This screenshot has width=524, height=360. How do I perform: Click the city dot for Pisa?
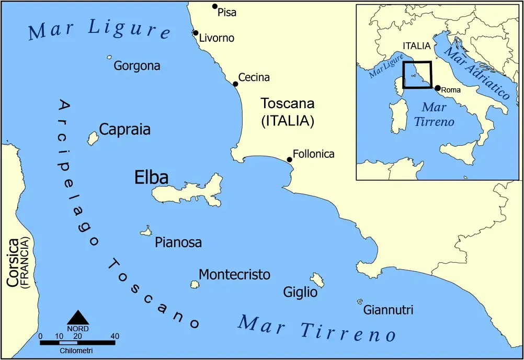[214, 6]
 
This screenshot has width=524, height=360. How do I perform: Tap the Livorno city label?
[217, 38]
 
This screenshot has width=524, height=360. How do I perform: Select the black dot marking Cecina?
[235, 83]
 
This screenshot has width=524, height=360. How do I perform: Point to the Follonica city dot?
[289, 159]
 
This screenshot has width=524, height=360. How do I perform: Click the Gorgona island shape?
[109, 57]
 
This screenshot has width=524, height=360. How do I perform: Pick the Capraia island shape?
[93, 138]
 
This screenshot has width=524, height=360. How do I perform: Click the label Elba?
[151, 178]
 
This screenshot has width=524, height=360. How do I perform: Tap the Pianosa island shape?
[146, 231]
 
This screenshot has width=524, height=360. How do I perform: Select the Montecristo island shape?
[195, 284]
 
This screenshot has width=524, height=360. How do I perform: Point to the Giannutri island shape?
[360, 301]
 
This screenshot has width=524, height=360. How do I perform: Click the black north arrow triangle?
[78, 317]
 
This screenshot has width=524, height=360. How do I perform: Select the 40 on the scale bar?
[115, 336]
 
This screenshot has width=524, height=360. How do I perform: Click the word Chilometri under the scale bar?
[77, 350]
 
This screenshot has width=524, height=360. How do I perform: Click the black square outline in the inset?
[417, 62]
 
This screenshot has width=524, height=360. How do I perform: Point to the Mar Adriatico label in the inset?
[476, 73]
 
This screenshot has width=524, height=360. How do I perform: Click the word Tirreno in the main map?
[347, 331]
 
